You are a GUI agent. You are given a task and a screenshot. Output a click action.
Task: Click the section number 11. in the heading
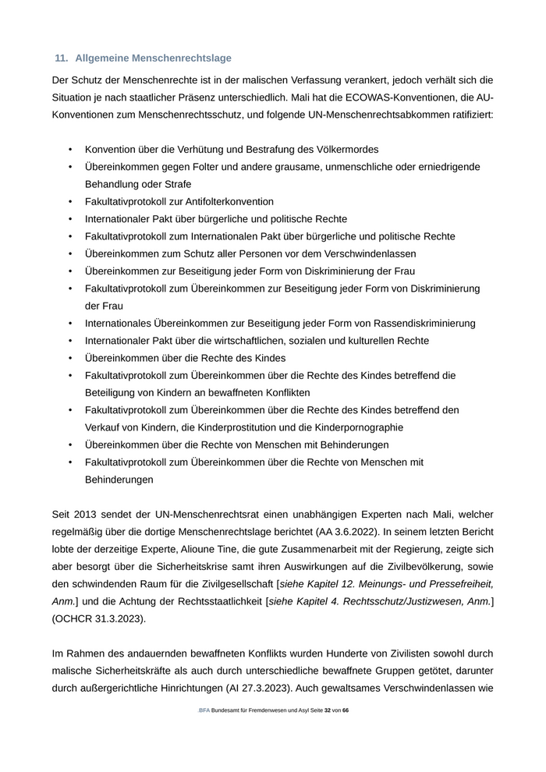(62, 58)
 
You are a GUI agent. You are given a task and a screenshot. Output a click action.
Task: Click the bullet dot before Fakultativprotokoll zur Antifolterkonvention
(70, 202)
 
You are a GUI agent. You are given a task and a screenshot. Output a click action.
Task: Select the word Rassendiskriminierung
(421, 324)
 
